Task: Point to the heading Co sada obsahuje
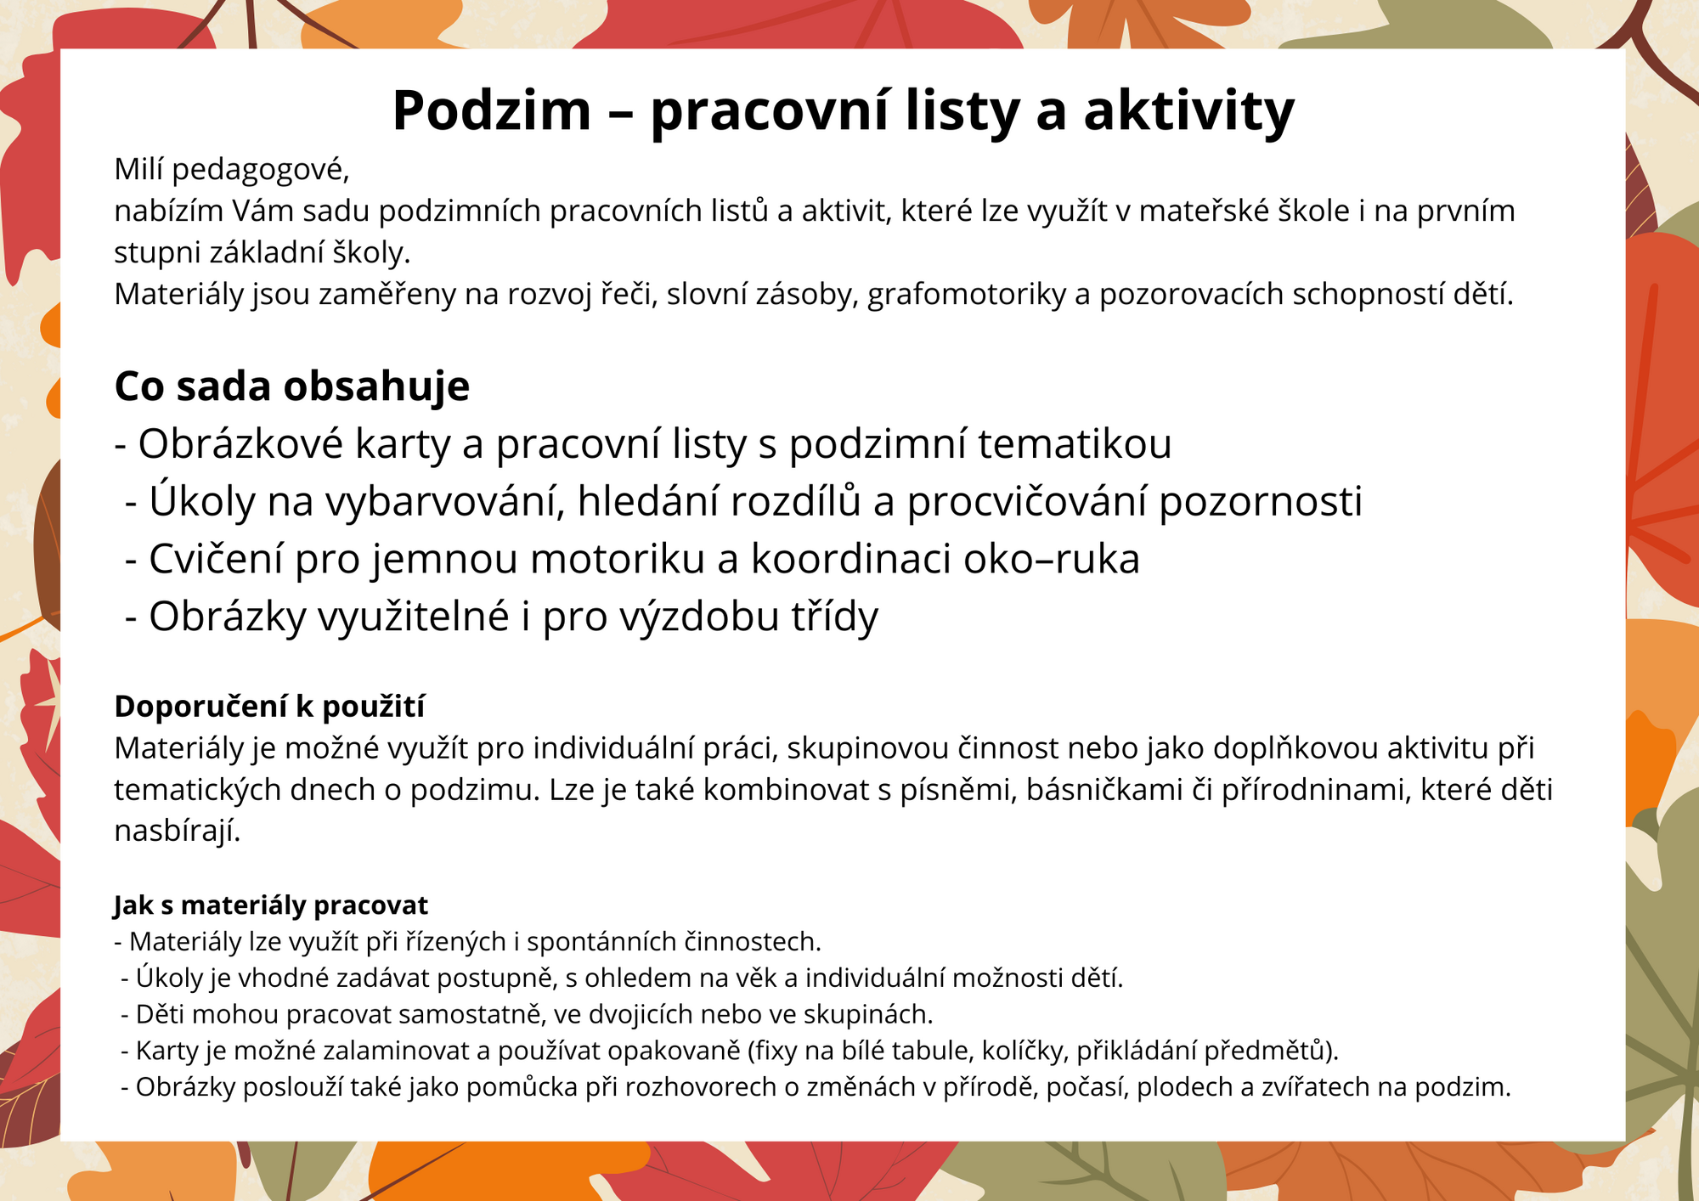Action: coord(292,386)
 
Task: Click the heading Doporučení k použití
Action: coord(269,707)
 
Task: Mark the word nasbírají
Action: coord(178,832)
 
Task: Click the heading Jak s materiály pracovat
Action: coord(271,906)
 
